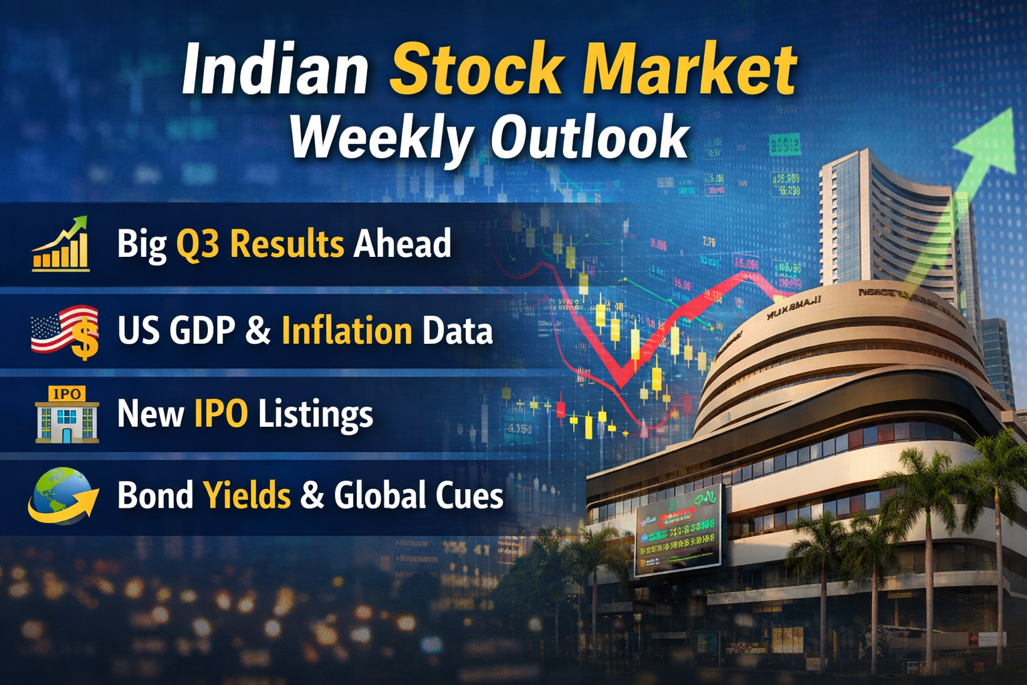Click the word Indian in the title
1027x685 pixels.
(275, 70)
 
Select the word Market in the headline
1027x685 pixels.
(689, 70)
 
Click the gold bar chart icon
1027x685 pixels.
(61, 245)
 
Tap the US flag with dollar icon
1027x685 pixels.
(66, 331)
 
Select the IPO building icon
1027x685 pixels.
(67, 415)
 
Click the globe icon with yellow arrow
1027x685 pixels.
(62, 496)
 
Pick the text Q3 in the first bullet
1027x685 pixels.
(197, 244)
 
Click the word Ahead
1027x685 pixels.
(402, 243)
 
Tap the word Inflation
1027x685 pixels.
(346, 330)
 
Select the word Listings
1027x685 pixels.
(316, 414)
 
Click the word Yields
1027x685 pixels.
(247, 496)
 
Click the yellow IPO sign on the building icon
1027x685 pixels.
(67, 394)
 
